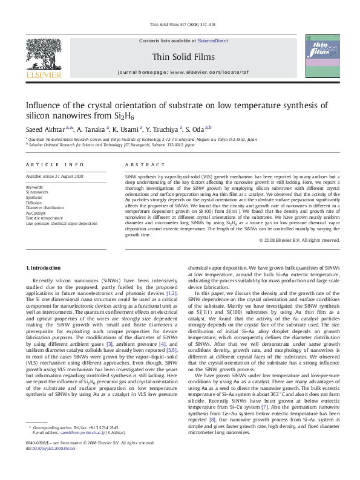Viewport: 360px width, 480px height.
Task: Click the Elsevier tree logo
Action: point(43,54)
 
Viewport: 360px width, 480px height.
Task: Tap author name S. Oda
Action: point(197,128)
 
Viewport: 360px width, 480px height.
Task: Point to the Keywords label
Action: point(34,187)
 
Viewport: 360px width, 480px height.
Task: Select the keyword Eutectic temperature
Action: point(44,217)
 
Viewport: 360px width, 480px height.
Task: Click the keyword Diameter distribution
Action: point(46,207)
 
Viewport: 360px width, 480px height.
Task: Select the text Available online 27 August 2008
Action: point(54,176)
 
